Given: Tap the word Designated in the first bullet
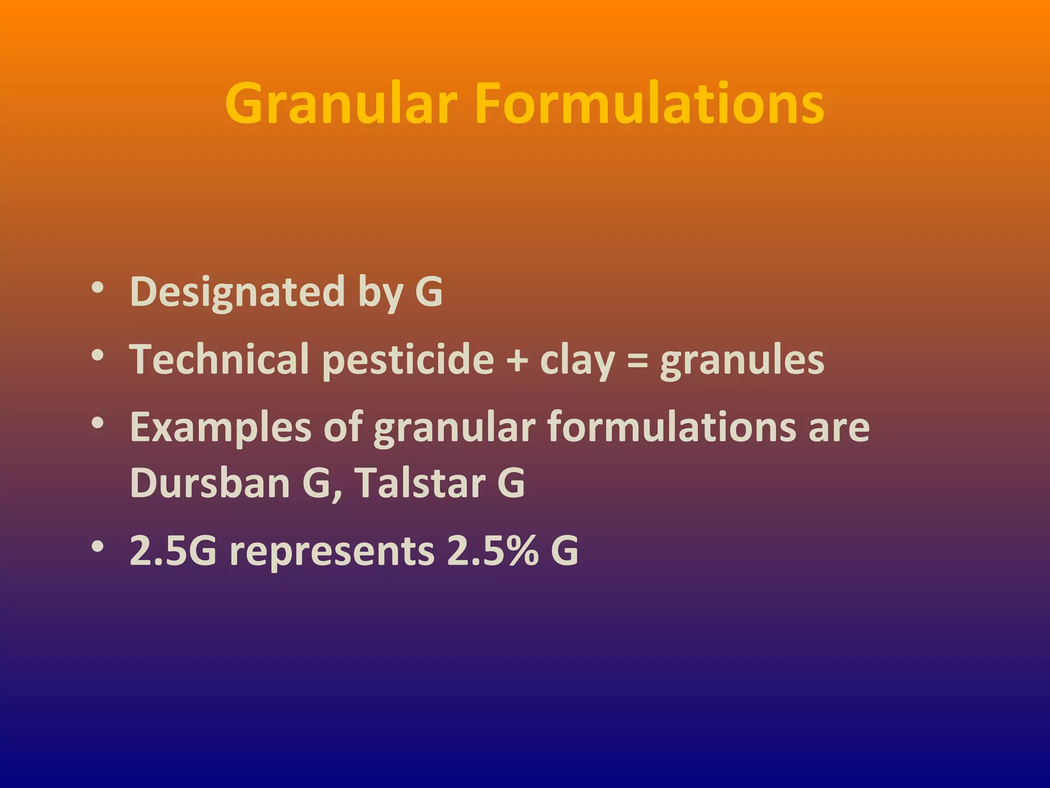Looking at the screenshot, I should [x=237, y=291].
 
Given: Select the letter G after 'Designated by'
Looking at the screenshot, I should [x=429, y=291].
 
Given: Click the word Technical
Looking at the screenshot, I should [x=219, y=359].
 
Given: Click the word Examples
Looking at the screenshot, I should [x=220, y=428].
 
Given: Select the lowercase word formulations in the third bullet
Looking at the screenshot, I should [x=672, y=427].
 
